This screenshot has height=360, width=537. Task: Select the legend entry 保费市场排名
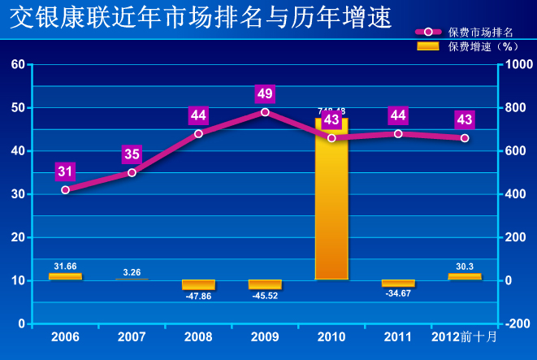[x=480, y=33]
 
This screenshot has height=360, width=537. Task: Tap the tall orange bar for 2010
[x=331, y=199]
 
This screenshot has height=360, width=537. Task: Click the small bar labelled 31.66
[x=65, y=276]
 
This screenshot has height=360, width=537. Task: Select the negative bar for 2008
[x=198, y=284]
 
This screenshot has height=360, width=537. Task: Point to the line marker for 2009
[x=265, y=112]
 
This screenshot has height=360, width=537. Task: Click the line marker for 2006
[x=65, y=189]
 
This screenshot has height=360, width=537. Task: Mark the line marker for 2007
[x=132, y=172]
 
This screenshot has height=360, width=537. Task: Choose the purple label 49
[x=265, y=93]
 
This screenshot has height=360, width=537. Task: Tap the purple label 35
[x=132, y=154]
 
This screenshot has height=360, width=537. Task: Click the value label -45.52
[x=265, y=296]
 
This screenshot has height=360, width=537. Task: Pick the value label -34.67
[x=398, y=293]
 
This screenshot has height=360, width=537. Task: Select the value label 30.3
[x=465, y=266]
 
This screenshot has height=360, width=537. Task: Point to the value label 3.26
[x=132, y=271]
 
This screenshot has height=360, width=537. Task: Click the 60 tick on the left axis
[x=17, y=64]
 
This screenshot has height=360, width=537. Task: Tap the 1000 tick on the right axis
[x=516, y=64]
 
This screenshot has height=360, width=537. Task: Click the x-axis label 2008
[x=198, y=336]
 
